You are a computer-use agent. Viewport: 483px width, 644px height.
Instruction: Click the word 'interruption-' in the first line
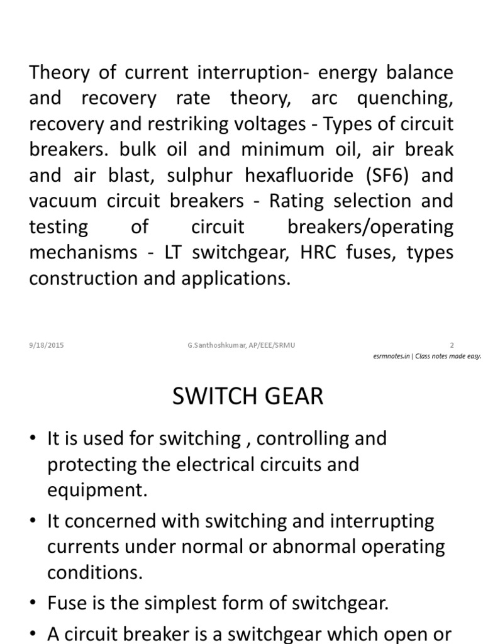pyautogui.click(x=241, y=72)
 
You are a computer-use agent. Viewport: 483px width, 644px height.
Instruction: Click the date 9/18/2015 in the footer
pyautogui.click(x=46, y=345)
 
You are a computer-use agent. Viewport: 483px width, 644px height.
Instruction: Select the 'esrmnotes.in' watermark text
pyautogui.click(x=391, y=356)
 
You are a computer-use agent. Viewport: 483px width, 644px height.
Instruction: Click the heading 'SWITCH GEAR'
pyautogui.click(x=248, y=397)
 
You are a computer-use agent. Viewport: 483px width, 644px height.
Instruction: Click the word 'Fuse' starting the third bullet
pyautogui.click(x=66, y=604)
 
